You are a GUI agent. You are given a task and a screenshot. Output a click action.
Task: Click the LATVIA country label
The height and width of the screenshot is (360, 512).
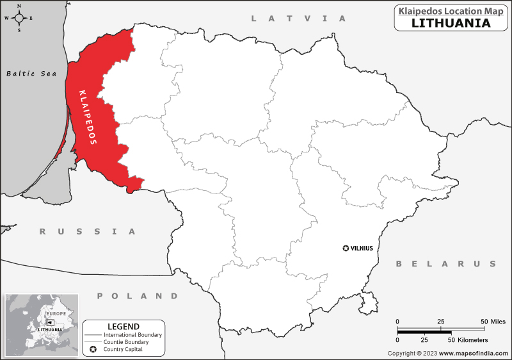click(298, 19)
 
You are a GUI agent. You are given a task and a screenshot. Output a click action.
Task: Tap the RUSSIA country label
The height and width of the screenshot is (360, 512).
click(88, 231)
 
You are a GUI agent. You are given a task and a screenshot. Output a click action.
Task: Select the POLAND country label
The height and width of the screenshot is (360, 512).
click(138, 296)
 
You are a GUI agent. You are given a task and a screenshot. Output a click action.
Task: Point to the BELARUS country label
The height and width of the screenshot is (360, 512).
click(445, 264)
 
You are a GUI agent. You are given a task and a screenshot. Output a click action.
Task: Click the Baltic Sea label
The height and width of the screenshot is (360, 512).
click(31, 74)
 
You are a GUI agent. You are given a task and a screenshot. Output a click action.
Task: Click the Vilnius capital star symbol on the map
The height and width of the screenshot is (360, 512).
click(346, 248)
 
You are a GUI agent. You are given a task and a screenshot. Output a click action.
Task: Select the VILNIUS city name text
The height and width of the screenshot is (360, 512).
click(362, 248)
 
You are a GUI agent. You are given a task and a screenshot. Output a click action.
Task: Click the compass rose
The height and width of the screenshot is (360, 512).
click(19, 17)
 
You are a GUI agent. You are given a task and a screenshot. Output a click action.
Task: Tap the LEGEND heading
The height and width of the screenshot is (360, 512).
click(124, 326)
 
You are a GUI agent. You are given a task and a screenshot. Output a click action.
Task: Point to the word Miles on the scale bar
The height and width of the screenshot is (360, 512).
click(497, 321)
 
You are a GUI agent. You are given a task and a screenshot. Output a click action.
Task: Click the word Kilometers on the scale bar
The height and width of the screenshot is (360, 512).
click(470, 340)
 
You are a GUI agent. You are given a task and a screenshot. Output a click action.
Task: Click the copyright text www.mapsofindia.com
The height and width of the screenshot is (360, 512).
click(472, 354)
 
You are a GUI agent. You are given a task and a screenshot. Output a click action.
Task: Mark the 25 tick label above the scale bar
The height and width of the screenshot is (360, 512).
click(440, 321)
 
